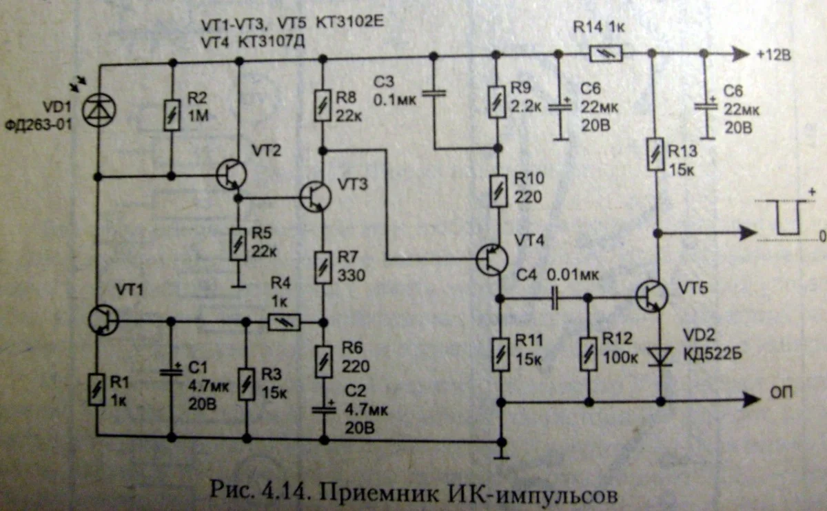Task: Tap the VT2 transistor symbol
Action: pyautogui.click(x=232, y=175)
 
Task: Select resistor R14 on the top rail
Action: pyautogui.click(x=606, y=53)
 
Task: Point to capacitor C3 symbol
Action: pyautogui.click(x=434, y=92)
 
